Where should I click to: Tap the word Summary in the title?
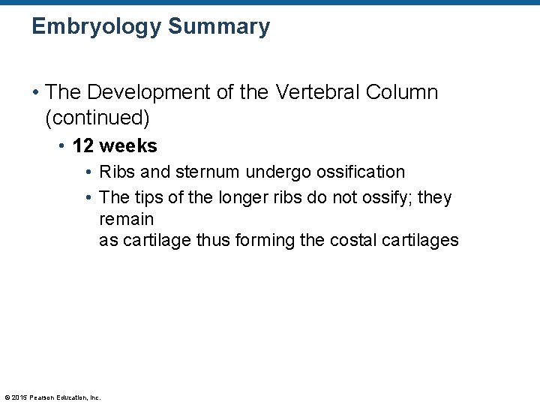point(219,28)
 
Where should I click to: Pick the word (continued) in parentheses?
point(97,118)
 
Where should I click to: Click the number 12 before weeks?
point(85,145)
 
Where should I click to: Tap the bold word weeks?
point(129,145)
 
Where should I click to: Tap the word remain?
point(126,220)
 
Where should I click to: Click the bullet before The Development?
point(35,93)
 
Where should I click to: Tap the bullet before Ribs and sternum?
point(89,172)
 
